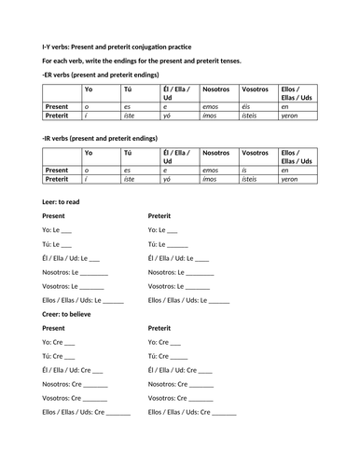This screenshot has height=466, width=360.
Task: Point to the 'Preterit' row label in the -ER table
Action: pyautogui.click(x=58, y=116)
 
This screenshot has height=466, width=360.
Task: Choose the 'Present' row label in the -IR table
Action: pyautogui.click(x=58, y=171)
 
